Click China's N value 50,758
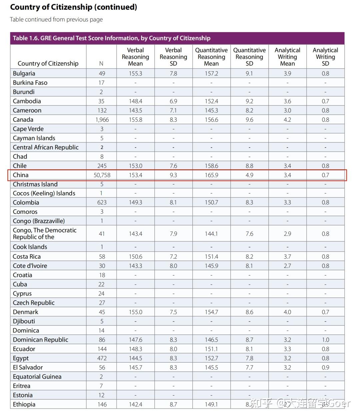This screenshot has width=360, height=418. click(102, 175)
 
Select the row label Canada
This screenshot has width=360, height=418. click(23, 120)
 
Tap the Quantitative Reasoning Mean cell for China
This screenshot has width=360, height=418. click(212, 175)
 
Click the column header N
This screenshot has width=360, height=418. click(101, 63)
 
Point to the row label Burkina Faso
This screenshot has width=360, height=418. click(30, 83)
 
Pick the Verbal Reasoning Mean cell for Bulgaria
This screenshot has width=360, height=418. click(136, 73)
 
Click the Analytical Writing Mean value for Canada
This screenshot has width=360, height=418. click(287, 120)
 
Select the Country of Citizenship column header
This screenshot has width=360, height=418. click(48, 63)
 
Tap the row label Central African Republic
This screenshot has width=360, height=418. click(46, 147)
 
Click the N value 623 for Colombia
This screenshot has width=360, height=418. click(102, 202)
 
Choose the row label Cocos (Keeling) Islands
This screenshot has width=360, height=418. click(44, 193)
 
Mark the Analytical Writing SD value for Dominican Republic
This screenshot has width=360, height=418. click(326, 340)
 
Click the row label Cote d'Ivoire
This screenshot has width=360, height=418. click(30, 266)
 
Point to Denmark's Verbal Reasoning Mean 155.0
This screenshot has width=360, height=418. click(136, 312)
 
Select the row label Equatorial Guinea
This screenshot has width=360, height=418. click(37, 377)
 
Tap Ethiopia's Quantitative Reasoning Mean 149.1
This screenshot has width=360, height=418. click(212, 404)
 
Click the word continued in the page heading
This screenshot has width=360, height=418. click(116, 7)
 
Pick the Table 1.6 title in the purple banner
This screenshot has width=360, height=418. click(112, 38)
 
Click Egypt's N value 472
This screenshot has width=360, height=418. click(102, 358)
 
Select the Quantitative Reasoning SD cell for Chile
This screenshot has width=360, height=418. click(249, 166)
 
